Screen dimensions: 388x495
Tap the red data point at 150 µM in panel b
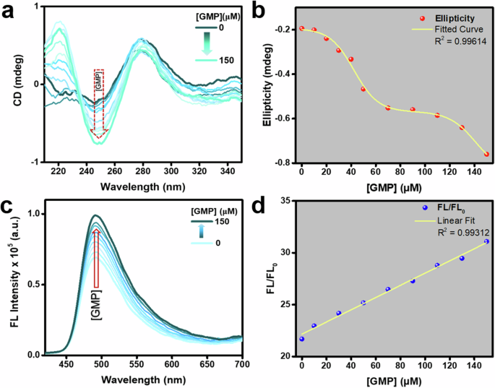pyautogui.click(x=486, y=154)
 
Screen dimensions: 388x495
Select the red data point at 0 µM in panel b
pyautogui.click(x=301, y=28)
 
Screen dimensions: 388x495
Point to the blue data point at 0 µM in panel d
pyautogui.click(x=301, y=339)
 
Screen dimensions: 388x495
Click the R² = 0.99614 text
pyautogui.click(x=458, y=43)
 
